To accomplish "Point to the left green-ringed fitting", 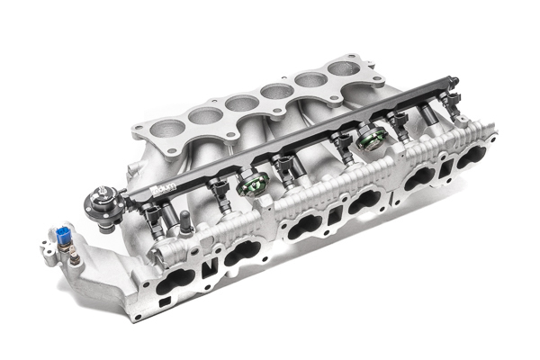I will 254,185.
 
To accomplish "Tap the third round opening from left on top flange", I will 238,102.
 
